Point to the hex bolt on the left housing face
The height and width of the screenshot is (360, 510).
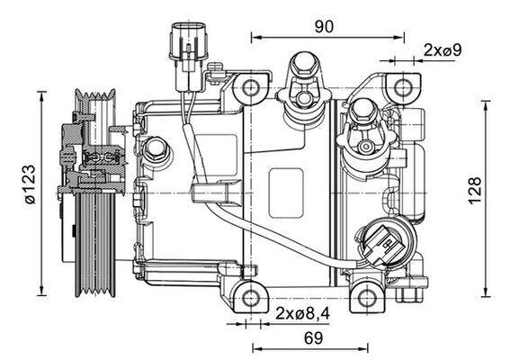coord(157,148)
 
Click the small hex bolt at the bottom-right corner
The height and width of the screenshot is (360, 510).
coord(416,296)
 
